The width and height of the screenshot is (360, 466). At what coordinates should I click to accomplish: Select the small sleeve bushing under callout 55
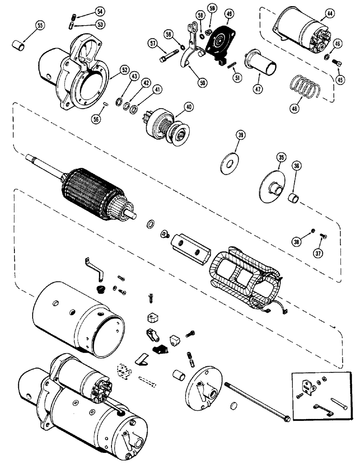tap(18, 46)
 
